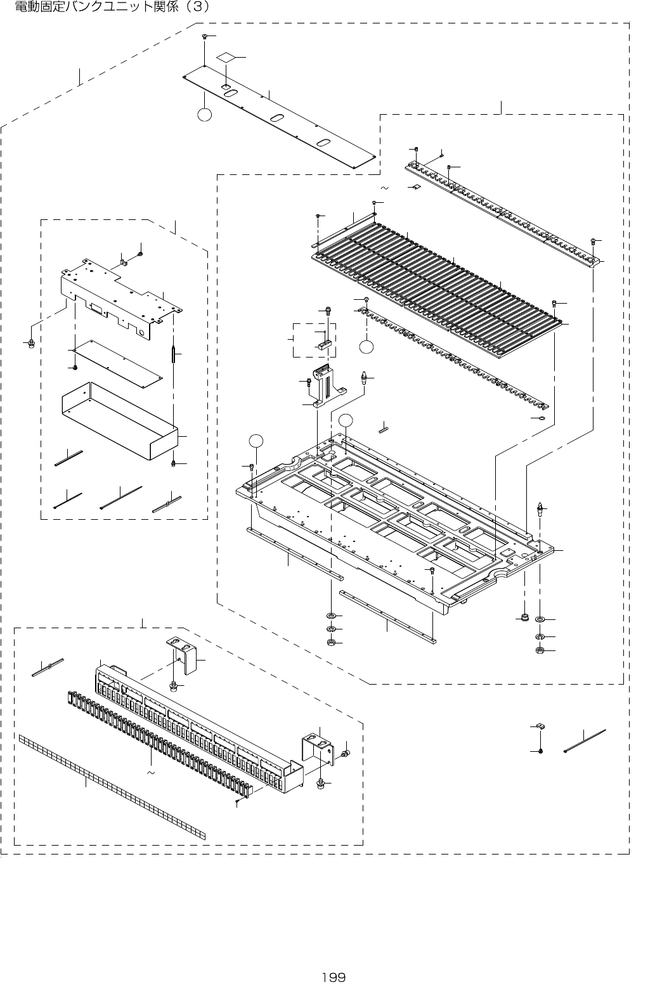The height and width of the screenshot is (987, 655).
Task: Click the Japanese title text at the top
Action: [x=113, y=8]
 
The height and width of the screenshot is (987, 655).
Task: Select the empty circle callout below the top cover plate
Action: [x=204, y=115]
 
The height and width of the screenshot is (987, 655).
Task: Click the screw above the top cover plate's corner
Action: [x=206, y=37]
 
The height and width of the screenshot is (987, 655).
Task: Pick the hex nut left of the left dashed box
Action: [x=30, y=343]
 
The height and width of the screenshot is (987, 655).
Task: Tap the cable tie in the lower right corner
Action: [x=584, y=740]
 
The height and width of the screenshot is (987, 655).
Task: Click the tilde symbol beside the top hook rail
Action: [x=384, y=188]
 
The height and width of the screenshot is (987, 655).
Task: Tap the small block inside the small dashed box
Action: [x=323, y=346]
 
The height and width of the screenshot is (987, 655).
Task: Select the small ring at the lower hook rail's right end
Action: [x=540, y=418]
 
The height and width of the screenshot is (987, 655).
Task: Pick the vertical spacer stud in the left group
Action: [x=173, y=353]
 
